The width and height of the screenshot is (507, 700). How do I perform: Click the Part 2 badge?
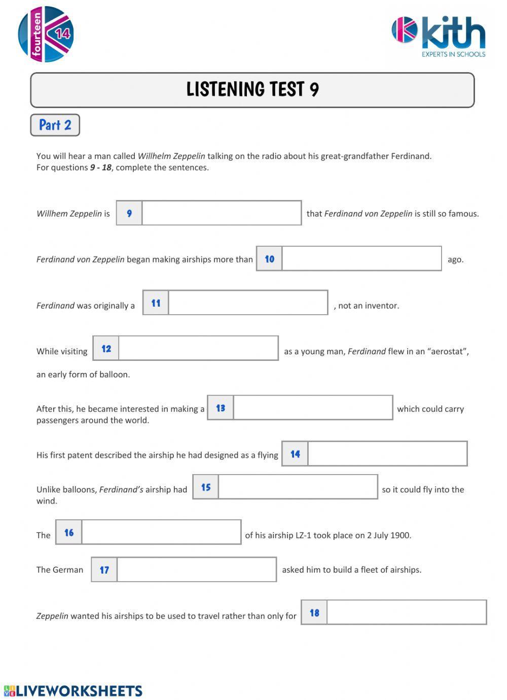pyautogui.click(x=55, y=125)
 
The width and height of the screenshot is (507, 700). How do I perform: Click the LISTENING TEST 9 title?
pyautogui.click(x=252, y=90)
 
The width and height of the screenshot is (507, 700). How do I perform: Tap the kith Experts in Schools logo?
pyautogui.click(x=439, y=37)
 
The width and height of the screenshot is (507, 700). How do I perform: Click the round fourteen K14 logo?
pyautogui.click(x=46, y=34)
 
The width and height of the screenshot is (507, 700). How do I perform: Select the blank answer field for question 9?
pyautogui.click(x=222, y=213)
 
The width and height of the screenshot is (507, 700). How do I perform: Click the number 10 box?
pyautogui.click(x=269, y=259)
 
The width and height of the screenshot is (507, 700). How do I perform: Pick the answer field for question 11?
pyautogui.click(x=248, y=303)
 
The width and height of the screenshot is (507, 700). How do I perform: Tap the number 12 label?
pyautogui.click(x=106, y=349)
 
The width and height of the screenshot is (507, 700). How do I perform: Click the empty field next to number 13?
pyautogui.click(x=313, y=408)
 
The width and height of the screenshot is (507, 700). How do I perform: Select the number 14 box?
pyautogui.click(x=295, y=454)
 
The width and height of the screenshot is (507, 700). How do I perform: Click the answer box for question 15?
pyautogui.click(x=298, y=487)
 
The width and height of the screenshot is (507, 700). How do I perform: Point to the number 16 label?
pyautogui.click(x=69, y=532)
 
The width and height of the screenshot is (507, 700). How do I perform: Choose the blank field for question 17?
pyautogui.click(x=196, y=570)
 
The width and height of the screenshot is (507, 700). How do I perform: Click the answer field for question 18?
pyautogui.click(x=406, y=613)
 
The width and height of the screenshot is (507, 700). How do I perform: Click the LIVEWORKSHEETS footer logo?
pyautogui.click(x=74, y=691)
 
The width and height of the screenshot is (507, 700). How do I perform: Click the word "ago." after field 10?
pyautogui.click(x=455, y=259)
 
